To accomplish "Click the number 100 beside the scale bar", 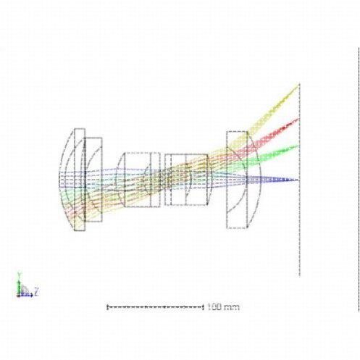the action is click(x=214, y=307).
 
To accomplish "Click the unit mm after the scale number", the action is click(x=232, y=308).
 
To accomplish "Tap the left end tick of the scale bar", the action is click(x=107, y=307).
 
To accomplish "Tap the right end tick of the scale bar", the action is click(x=203, y=307).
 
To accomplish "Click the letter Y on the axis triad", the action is click(x=20, y=275).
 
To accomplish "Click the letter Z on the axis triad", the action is click(x=36, y=291).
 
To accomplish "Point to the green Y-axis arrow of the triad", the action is click(x=19, y=287).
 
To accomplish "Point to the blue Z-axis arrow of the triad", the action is click(x=26, y=295).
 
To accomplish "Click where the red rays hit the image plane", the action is click(x=299, y=119).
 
